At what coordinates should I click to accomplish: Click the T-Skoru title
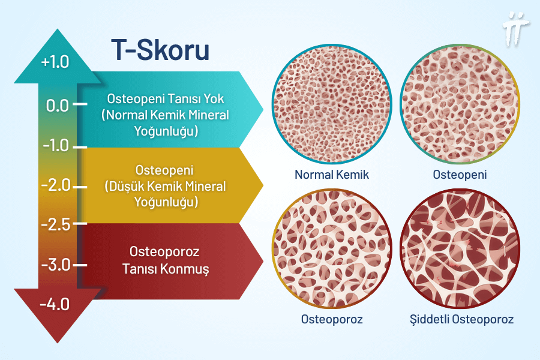[160, 50]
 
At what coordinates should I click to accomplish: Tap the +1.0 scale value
[56, 62]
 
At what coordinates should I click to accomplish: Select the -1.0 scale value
[55, 145]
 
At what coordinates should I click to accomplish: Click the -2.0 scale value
[56, 185]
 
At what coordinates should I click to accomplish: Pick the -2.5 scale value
[55, 224]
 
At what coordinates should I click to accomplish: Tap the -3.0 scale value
[56, 265]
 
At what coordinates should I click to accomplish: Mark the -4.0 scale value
[55, 304]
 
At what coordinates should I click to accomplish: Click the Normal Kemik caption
[331, 175]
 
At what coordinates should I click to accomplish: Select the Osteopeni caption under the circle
[460, 175]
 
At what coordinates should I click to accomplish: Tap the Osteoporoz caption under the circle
[331, 319]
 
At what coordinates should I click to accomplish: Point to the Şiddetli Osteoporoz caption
[460, 319]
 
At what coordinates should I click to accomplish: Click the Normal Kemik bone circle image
[331, 112]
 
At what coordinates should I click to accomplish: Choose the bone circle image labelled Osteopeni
[460, 112]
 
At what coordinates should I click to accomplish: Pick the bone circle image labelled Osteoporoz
[331, 250]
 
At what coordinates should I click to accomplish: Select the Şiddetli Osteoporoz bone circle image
[460, 250]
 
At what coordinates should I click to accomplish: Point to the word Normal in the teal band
[125, 115]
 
